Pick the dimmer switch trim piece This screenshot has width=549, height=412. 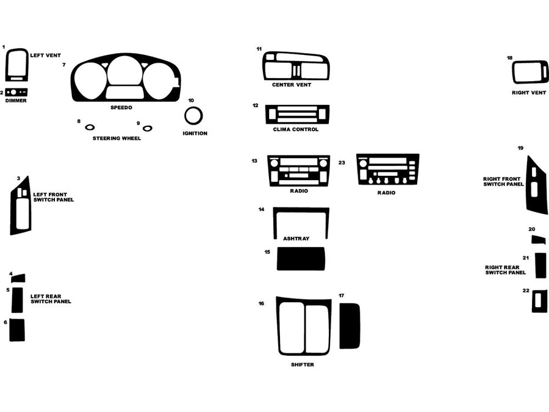[x=17, y=92]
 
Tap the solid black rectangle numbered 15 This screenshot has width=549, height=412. [x=301, y=259]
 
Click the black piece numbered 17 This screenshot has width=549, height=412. [x=350, y=325]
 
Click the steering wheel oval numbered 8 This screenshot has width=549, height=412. [x=90, y=128]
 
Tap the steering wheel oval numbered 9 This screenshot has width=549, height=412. [x=147, y=128]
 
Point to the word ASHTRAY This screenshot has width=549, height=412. [x=296, y=238]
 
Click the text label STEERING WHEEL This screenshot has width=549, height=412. [x=117, y=139]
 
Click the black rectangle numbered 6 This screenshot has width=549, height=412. [x=17, y=330]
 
